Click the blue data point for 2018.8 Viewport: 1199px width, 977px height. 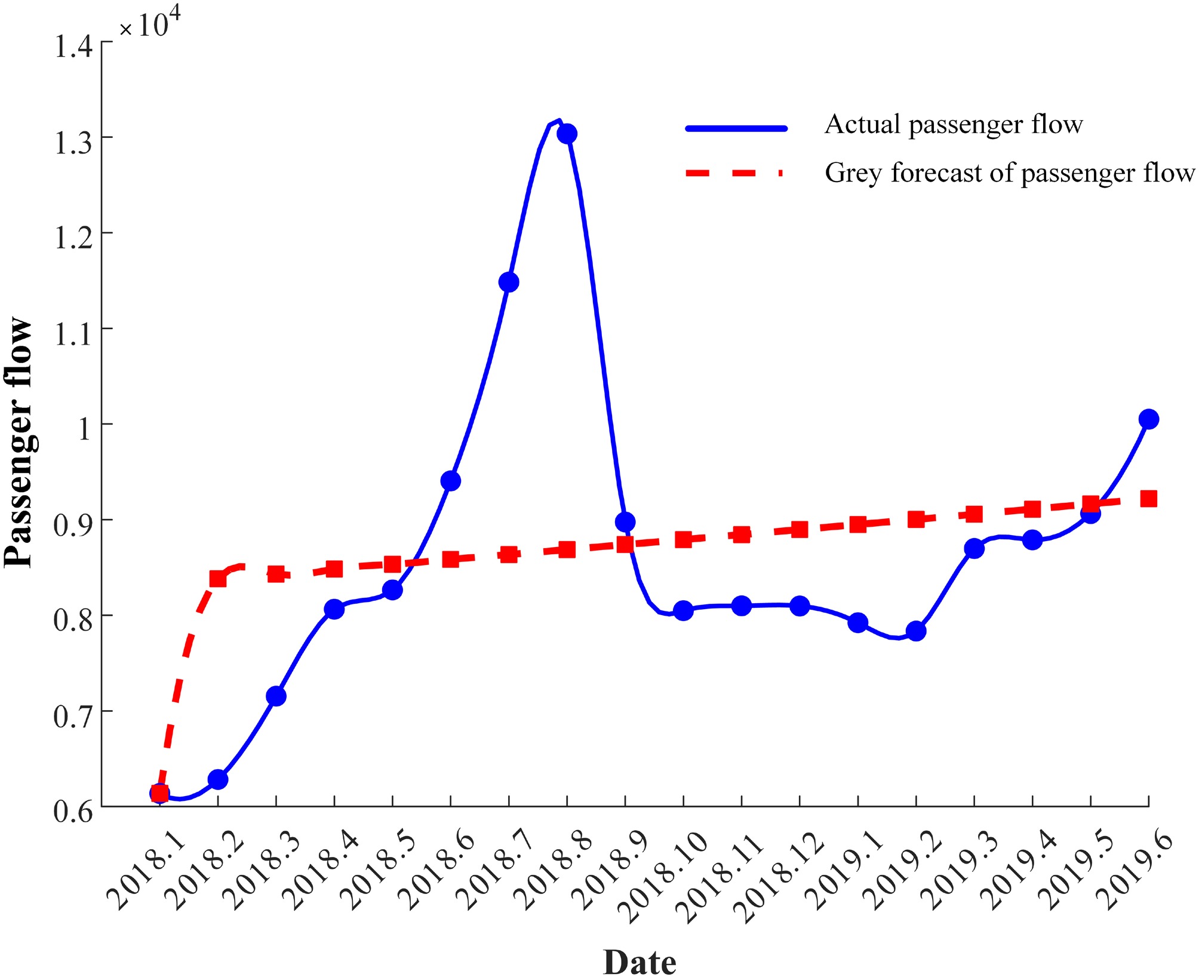[567, 134]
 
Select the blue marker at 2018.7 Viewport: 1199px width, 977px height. [509, 282]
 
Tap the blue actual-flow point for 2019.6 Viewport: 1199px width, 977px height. [1148, 419]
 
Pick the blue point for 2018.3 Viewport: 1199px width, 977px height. [276, 696]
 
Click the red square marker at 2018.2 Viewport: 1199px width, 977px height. [218, 579]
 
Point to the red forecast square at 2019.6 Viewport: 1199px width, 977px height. [1148, 499]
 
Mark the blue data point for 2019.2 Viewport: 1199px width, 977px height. [916, 631]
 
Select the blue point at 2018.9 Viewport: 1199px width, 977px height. [625, 522]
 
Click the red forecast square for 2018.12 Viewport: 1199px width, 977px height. [800, 529]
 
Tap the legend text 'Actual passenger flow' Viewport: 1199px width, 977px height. [953, 125]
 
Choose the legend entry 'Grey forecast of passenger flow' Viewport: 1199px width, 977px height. [1009, 173]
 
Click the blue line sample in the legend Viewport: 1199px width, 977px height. [736, 128]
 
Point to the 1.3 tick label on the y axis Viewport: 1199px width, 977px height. [73, 143]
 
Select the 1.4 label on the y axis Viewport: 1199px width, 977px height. [73, 47]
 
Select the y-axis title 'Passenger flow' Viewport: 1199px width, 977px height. [19, 442]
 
